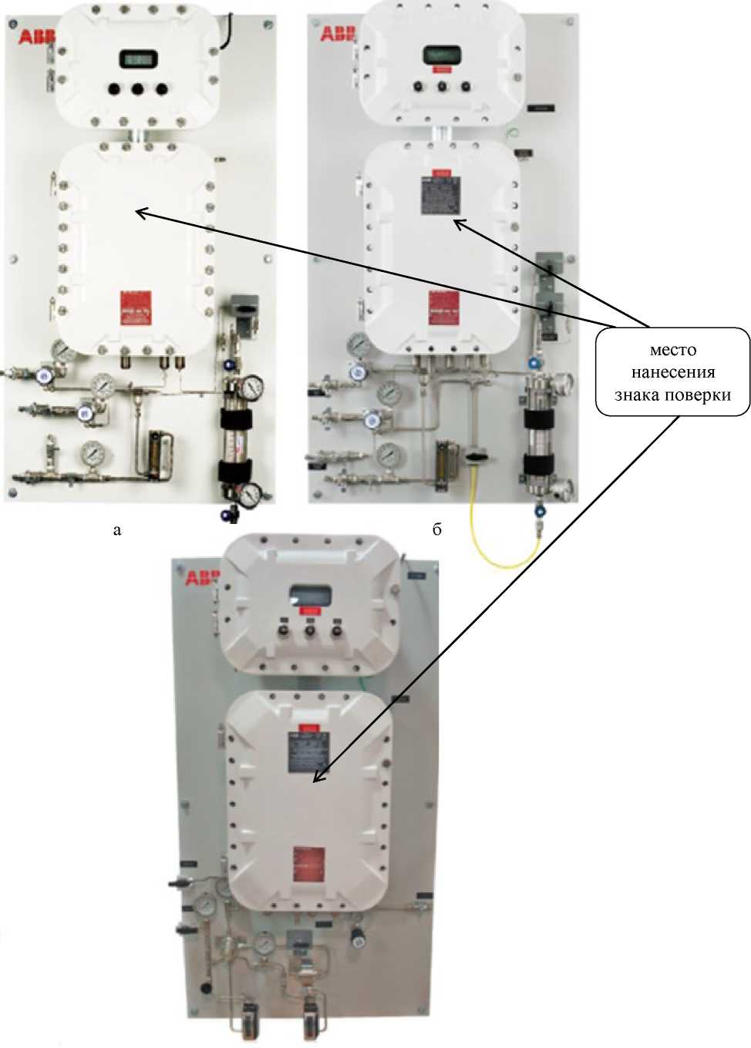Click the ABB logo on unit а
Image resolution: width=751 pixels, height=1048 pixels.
tap(35, 35)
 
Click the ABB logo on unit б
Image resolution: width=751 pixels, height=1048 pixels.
tap(338, 33)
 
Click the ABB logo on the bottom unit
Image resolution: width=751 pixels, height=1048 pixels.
tap(202, 577)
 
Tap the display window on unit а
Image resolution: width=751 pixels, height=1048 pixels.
tap(138, 59)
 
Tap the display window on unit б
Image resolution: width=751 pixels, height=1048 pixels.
tap(442, 55)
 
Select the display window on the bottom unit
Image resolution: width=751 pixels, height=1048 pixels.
tap(310, 595)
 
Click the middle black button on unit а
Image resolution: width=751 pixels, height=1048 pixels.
tap(138, 89)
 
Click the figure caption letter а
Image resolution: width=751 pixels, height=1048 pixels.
tap(117, 529)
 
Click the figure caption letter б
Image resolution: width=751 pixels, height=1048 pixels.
tap(436, 529)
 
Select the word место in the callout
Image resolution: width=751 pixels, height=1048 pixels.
tap(672, 350)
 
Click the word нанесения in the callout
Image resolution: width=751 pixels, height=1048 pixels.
tap(672, 372)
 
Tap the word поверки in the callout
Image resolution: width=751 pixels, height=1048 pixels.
tap(702, 395)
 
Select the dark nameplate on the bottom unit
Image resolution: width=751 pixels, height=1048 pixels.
tap(308, 752)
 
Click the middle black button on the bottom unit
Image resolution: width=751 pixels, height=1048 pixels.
tap(310, 631)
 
